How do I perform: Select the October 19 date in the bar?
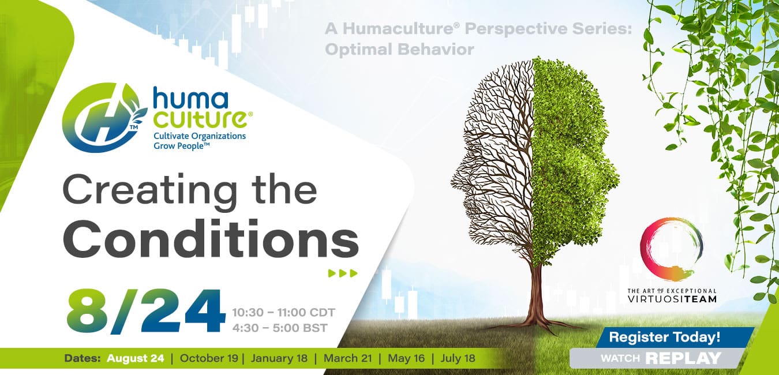(x=209, y=358)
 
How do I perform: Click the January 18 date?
(x=279, y=358)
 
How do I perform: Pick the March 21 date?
(x=348, y=358)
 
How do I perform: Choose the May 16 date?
(x=406, y=358)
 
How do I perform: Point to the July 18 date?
(x=458, y=358)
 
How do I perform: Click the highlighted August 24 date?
(x=135, y=358)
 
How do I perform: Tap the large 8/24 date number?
(x=146, y=312)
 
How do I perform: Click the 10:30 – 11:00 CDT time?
(x=283, y=313)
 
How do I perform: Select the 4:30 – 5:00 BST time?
(x=280, y=328)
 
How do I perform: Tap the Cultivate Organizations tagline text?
(x=200, y=136)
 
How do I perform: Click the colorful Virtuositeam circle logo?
(x=671, y=249)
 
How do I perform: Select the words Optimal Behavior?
(x=399, y=50)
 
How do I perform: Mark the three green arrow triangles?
(x=343, y=273)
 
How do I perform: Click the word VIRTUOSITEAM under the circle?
(x=672, y=299)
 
